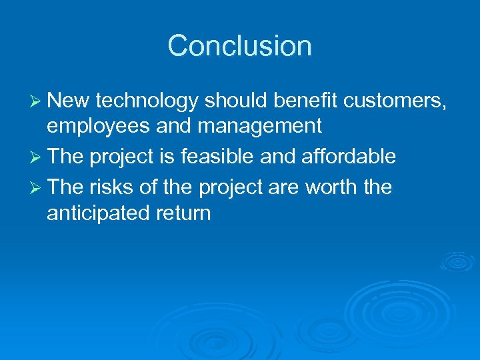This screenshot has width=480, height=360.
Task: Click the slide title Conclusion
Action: point(239,46)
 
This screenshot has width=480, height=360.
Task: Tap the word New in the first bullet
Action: point(69,101)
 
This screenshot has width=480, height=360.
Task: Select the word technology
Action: point(147,101)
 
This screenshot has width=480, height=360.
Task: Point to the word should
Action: point(235,101)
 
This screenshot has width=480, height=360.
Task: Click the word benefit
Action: point(304,101)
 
